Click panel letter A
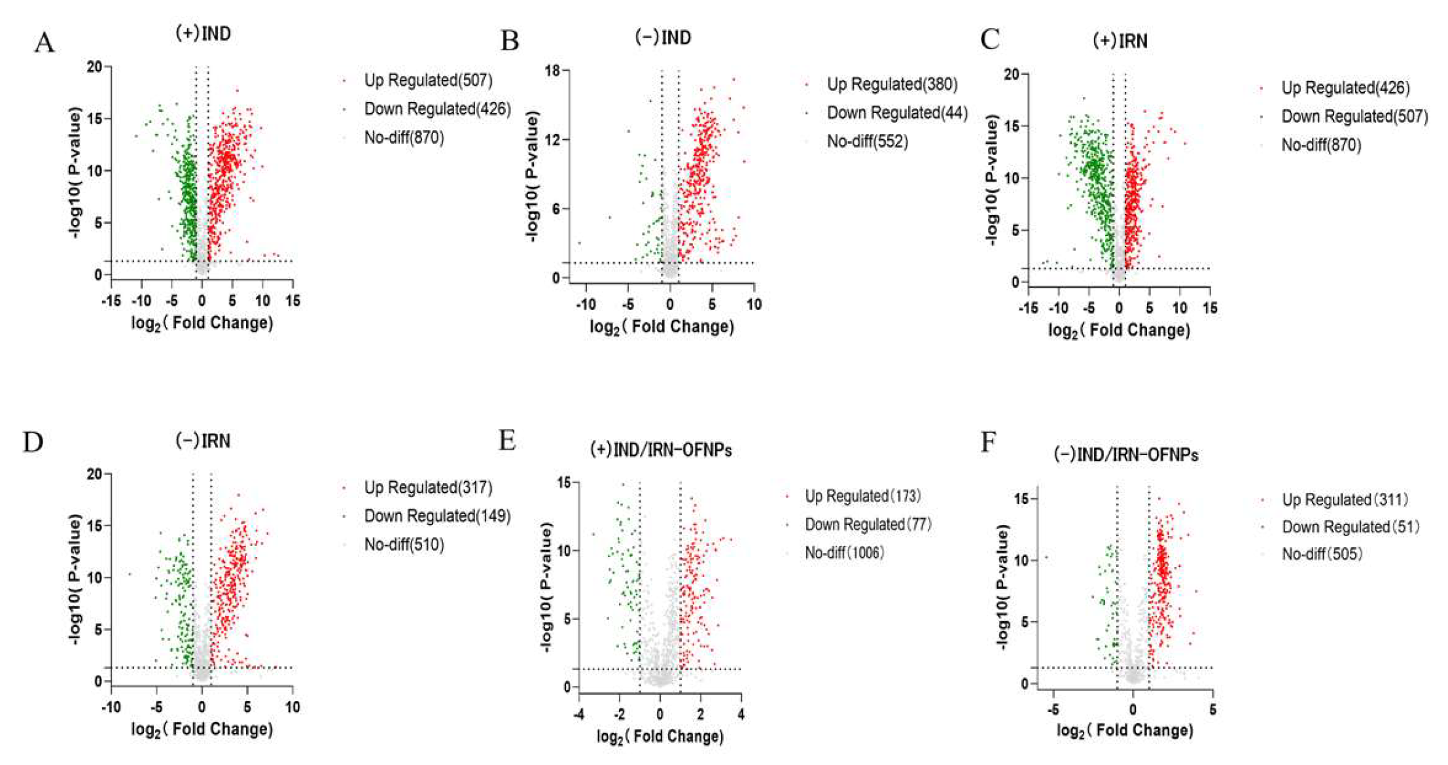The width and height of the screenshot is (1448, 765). tap(44, 43)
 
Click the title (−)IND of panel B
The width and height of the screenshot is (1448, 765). tap(663, 37)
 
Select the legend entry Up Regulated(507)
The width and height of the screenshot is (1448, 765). tap(428, 80)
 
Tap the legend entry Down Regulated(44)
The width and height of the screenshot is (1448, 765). tap(896, 113)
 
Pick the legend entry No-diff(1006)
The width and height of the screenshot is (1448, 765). tap(844, 553)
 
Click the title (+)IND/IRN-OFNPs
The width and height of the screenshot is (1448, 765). tap(661, 450)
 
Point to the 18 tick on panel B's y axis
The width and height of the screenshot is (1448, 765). tap(553, 71)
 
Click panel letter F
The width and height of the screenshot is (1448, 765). tap(988, 443)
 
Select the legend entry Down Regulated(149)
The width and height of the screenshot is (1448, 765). tap(437, 516)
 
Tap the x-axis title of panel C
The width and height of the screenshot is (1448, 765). tap(1119, 330)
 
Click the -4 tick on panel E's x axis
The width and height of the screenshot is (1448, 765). tap(579, 715)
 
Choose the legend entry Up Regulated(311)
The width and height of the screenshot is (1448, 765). tap(1345, 500)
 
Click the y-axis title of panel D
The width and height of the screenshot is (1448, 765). tap(76, 579)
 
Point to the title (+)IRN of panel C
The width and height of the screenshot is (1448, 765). tap(1120, 41)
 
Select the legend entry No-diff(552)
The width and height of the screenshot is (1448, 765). tap(867, 142)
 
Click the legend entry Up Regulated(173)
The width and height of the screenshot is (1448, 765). tap(862, 496)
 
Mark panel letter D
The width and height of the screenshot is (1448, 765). tap(33, 443)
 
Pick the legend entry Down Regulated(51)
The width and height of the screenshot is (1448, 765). tap(1350, 527)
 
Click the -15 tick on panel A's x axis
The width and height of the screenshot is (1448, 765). tap(111, 301)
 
